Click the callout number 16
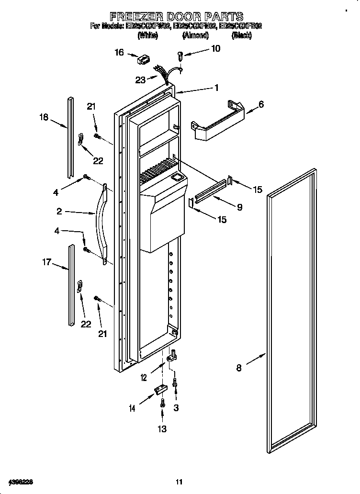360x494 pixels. click(119, 53)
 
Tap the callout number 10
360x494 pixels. click(215, 48)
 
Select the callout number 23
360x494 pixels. click(140, 80)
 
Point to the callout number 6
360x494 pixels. click(261, 104)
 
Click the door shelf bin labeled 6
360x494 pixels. click(218, 122)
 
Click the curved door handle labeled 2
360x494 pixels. click(101, 223)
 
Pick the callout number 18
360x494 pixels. click(44, 116)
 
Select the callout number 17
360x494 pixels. click(46, 262)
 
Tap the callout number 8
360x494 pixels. click(239, 368)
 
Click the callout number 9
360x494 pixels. click(239, 207)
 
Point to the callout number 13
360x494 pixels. click(162, 429)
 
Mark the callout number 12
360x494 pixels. click(144, 378)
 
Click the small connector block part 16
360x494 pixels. click(142, 60)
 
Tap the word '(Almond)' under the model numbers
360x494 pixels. click(195, 35)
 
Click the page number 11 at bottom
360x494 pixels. click(179, 482)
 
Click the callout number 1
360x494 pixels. click(216, 88)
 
